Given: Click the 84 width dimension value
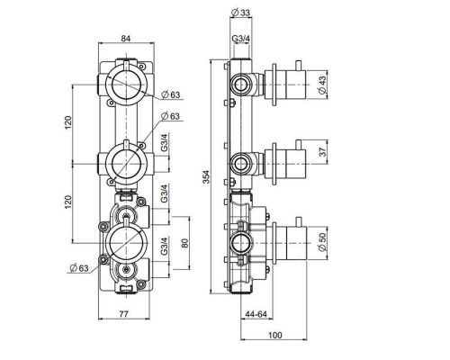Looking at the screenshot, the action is pyautogui.click(x=126, y=39).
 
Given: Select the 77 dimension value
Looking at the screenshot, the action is pyautogui.click(x=123, y=314).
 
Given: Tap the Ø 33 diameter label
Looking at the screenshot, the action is pyautogui.click(x=241, y=13).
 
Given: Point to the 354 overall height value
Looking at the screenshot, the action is pyautogui.click(x=206, y=177).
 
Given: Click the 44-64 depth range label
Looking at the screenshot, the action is pyautogui.click(x=256, y=314).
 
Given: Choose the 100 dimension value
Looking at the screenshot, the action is pyautogui.click(x=274, y=335).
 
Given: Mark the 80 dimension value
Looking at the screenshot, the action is pyautogui.click(x=184, y=243).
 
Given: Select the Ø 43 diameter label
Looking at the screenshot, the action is pyautogui.click(x=321, y=85).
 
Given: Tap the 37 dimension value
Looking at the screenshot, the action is pyautogui.click(x=322, y=151).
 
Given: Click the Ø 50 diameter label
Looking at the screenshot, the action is pyautogui.click(x=322, y=242).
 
